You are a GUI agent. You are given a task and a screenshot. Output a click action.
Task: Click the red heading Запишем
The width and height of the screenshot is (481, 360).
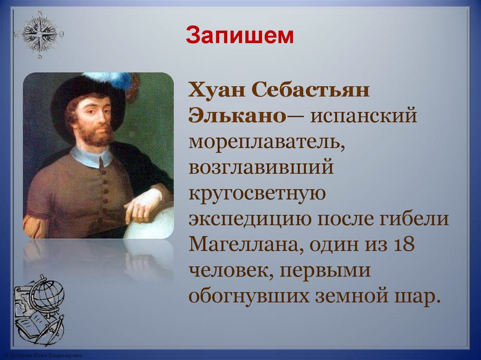tap(240, 35)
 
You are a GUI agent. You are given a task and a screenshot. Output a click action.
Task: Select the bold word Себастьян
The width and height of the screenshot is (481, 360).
tap(310, 89)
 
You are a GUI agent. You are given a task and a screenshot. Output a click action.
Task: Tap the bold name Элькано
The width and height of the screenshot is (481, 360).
tap(237, 115)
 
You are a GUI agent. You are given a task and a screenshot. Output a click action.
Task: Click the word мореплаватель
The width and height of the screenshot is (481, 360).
tap(267, 141)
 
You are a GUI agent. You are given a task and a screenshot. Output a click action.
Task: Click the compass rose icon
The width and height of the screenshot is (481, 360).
tap(39, 34)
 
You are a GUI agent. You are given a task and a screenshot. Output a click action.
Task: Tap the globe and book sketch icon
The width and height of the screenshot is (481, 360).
tap(39, 309)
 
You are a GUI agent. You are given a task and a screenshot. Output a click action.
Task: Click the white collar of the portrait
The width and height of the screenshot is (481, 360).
tap(92, 156)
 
